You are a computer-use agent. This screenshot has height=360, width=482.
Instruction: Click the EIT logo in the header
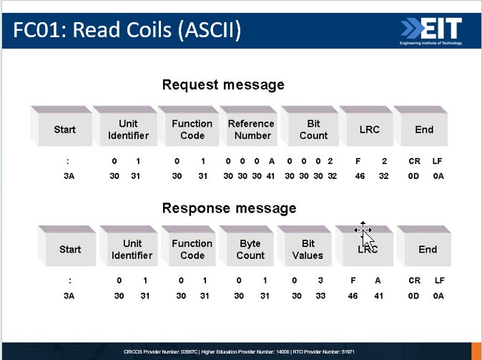pyautogui.click(x=431, y=29)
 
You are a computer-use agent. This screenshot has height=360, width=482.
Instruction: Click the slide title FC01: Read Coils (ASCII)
pyautogui.click(x=127, y=30)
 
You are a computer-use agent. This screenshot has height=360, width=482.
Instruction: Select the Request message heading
pyautogui.click(x=223, y=84)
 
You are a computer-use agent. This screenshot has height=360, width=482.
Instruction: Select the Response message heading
pyautogui.click(x=229, y=208)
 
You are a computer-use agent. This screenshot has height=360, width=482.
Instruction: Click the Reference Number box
pyautogui.click(x=250, y=130)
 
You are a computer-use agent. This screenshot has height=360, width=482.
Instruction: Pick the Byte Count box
pyautogui.click(x=250, y=249)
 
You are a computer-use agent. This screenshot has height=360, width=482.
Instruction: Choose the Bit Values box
pyautogui.click(x=308, y=249)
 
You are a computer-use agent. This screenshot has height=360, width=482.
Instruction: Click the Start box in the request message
pyautogui.click(x=64, y=130)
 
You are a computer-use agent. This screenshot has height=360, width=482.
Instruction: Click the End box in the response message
pyautogui.click(x=427, y=249)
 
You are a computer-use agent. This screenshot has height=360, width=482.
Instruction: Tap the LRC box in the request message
pyautogui.click(x=369, y=130)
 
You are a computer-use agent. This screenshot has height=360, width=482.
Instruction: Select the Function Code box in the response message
pyautogui.click(x=192, y=249)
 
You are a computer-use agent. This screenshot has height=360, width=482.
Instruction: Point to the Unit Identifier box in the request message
pyautogui.click(x=129, y=130)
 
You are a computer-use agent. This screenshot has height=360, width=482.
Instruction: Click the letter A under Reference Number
pyautogui.click(x=272, y=162)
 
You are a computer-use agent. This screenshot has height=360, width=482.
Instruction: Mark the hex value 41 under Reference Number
pyautogui.click(x=271, y=175)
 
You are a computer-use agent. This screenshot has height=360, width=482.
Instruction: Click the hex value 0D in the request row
pyautogui.click(x=414, y=175)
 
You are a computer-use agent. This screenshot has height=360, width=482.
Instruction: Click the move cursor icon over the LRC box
pyautogui.click(x=363, y=230)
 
